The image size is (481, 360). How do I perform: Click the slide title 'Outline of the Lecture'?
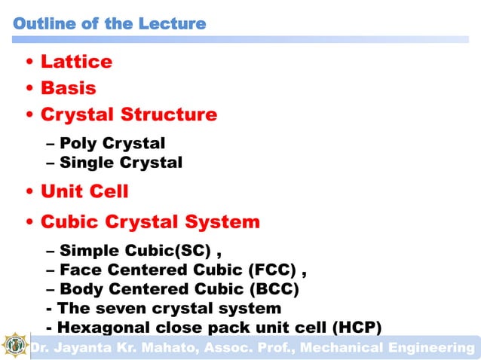pos(109,23)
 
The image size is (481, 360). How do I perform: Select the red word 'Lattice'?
pos(76,62)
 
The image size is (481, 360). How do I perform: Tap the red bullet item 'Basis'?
pos(68,88)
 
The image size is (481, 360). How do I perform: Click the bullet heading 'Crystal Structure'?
pos(128,114)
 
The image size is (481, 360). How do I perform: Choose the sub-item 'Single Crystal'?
pos(121,162)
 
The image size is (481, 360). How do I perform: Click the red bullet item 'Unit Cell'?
pos(84,191)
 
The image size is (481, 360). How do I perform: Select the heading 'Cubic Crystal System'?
pos(150,222)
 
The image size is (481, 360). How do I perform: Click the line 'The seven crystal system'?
pos(169,308)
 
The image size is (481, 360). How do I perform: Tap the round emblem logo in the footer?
pos(14,346)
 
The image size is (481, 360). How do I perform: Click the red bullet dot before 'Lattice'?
pos(29,63)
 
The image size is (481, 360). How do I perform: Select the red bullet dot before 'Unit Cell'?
pos(29,192)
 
